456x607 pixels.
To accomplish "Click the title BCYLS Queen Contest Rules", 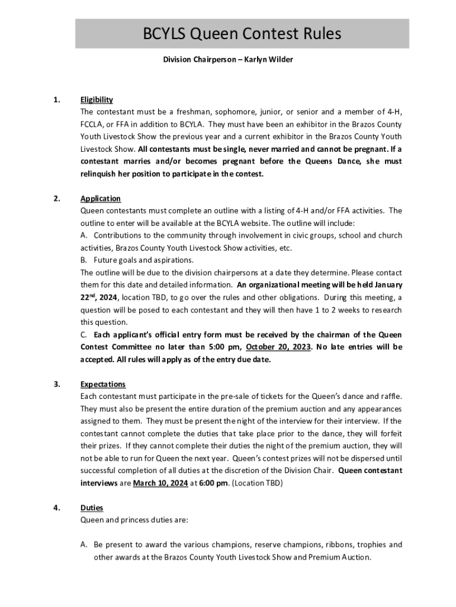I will [x=242, y=34].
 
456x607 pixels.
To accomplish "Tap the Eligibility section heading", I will [x=97, y=100].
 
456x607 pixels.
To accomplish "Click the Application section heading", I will [x=101, y=199].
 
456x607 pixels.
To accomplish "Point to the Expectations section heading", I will [x=103, y=384].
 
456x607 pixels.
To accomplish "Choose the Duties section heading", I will [x=92, y=508].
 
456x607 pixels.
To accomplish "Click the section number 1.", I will [x=56, y=100].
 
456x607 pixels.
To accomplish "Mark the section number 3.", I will [x=56, y=384].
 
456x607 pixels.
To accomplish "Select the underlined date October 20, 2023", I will [x=278, y=347].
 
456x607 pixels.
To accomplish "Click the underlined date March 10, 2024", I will [x=160, y=483].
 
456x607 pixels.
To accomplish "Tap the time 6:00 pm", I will [x=215, y=483].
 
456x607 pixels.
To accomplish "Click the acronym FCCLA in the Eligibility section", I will [x=93, y=124].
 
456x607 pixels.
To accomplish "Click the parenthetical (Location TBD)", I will [x=257, y=483].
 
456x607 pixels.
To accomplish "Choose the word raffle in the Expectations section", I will [x=388, y=397].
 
